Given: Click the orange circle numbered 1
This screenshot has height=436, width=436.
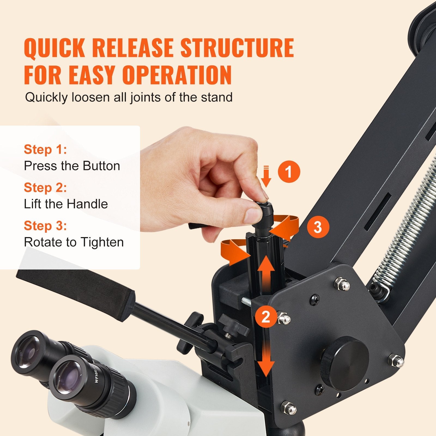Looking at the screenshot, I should pyautogui.click(x=289, y=172).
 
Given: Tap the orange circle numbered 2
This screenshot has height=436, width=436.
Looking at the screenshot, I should pyautogui.click(x=265, y=317).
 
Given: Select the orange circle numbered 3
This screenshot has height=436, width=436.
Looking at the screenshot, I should pyautogui.click(x=318, y=227).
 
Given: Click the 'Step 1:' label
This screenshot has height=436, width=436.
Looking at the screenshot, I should pyautogui.click(x=45, y=150).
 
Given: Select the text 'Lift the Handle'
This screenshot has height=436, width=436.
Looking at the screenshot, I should pyautogui.click(x=66, y=204).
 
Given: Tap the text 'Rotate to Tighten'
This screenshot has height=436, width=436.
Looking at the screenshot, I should pyautogui.click(x=74, y=242).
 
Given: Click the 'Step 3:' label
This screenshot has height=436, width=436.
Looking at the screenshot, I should pyautogui.click(x=45, y=226).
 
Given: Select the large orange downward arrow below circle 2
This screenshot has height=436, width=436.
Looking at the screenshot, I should pyautogui.click(x=266, y=360).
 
